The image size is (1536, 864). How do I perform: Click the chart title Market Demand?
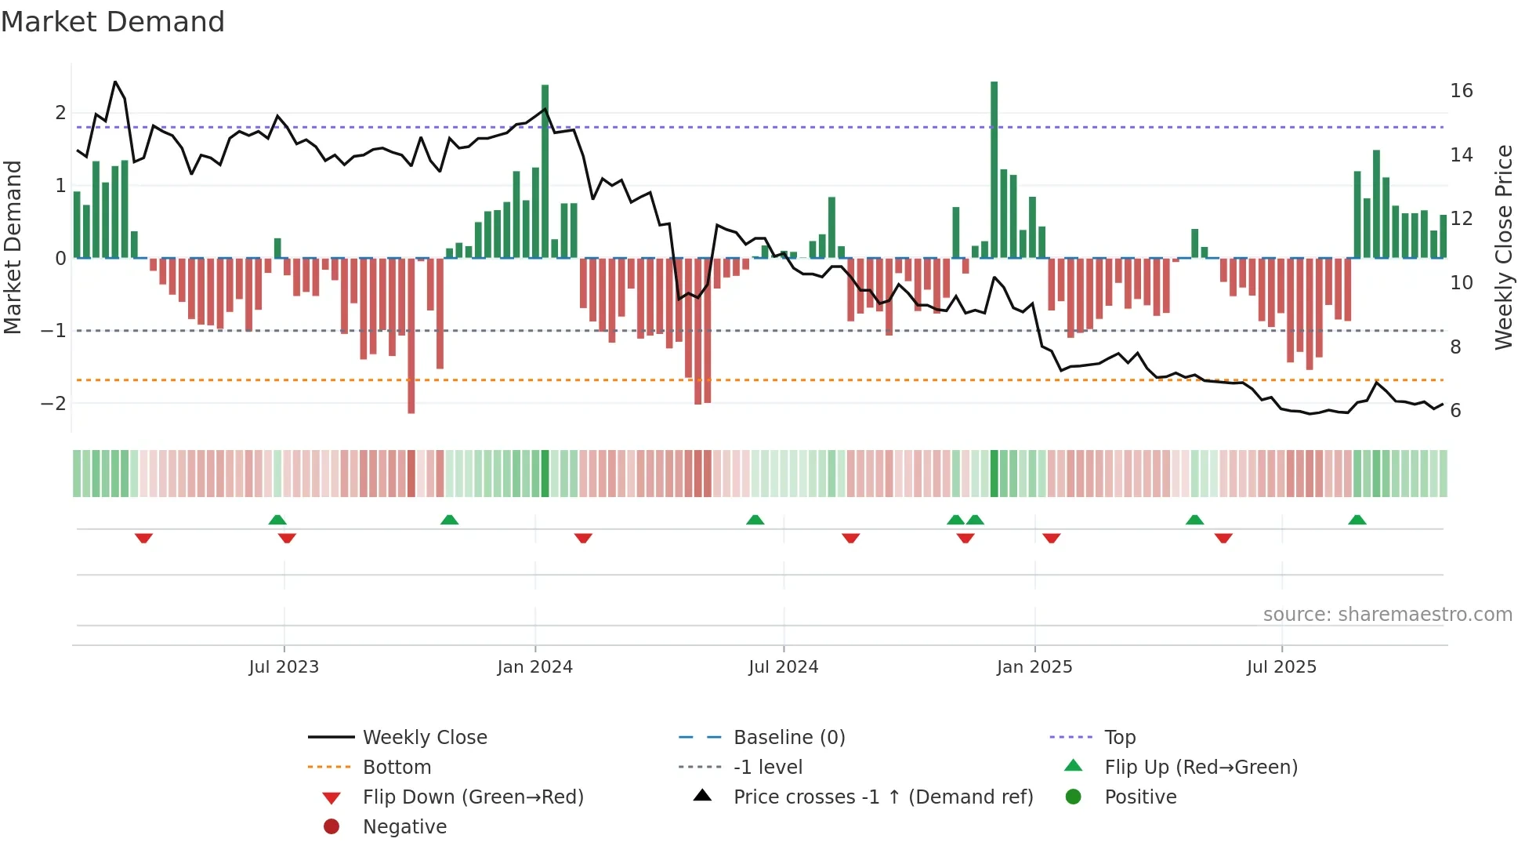coord(113,22)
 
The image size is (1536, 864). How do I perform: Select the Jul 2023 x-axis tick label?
coord(284,667)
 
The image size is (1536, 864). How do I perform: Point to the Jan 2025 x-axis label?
coord(1034,667)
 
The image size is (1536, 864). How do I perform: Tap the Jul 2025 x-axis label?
coord(1281,667)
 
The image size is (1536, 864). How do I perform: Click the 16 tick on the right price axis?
coord(1461,91)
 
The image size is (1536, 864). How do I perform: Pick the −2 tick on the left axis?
coord(53,404)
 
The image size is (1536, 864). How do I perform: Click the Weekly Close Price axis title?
coord(1503,247)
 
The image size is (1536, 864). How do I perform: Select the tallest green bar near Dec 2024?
coord(994,169)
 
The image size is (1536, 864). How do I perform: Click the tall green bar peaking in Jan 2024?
coord(545,171)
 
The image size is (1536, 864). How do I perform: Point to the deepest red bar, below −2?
coord(411,337)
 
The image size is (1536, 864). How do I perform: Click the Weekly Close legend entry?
coord(424,738)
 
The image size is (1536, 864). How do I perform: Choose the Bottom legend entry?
coord(397,768)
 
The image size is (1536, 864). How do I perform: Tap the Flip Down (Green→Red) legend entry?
coord(473,797)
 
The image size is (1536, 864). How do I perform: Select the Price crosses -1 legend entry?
coord(882,797)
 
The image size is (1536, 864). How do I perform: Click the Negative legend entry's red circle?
coord(331,827)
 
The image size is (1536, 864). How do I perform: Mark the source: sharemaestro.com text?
coord(1387,615)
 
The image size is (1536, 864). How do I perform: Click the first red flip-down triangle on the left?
coord(143,538)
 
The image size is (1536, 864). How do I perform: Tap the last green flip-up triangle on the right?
coord(1357,520)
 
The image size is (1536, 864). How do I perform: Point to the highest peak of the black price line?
coord(115,82)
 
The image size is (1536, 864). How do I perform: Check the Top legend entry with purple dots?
coord(1119,738)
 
